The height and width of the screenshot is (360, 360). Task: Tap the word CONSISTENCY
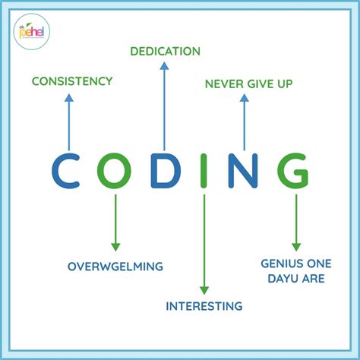(x=71, y=81)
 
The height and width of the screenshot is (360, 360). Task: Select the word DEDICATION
(x=165, y=52)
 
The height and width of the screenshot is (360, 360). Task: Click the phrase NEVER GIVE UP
(x=248, y=83)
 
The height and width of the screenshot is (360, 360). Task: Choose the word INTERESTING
(x=204, y=306)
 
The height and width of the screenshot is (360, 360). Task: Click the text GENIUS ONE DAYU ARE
(x=292, y=270)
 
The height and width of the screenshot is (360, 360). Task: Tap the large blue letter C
(x=69, y=171)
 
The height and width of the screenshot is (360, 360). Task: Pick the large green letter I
(x=204, y=171)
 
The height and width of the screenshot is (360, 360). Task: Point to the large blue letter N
(x=243, y=171)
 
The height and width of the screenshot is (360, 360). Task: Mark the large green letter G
(x=293, y=171)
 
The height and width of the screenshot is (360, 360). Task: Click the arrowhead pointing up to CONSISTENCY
(x=69, y=97)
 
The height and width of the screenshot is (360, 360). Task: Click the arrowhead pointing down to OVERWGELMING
(x=115, y=246)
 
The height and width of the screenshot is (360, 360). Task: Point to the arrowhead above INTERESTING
(x=204, y=289)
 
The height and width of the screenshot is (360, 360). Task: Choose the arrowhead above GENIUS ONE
(x=296, y=246)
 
